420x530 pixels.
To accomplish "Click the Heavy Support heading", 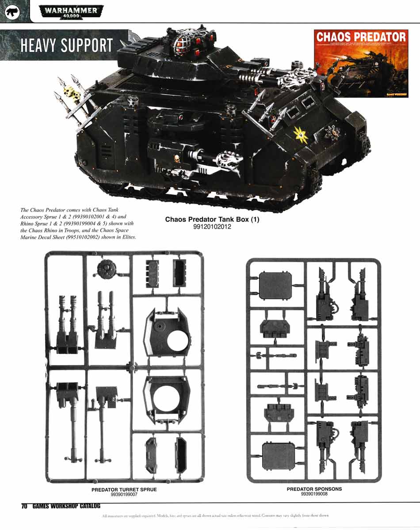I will [x=67, y=45].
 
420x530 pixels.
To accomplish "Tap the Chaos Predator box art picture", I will [x=360, y=63].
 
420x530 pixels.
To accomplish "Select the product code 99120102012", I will [x=212, y=227].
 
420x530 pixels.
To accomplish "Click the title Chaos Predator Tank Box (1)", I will [x=212, y=220].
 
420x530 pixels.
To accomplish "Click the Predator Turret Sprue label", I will [x=124, y=489].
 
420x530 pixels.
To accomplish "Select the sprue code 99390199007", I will [x=124, y=494].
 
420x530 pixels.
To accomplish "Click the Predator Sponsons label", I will [x=314, y=489].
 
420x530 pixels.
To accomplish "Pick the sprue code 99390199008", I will [x=314, y=494].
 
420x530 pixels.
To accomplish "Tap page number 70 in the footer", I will [x=24, y=506].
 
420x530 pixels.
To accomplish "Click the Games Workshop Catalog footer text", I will [x=66, y=506].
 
